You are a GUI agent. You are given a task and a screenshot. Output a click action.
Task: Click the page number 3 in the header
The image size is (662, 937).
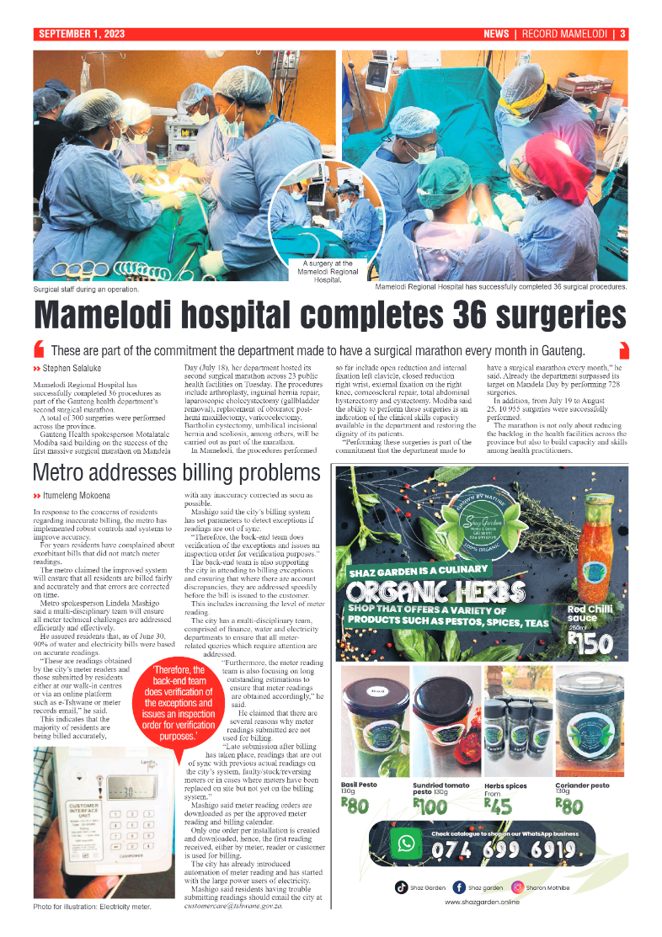click(x=622, y=35)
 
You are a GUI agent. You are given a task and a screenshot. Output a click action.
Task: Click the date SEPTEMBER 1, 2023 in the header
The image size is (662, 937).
click(x=81, y=35)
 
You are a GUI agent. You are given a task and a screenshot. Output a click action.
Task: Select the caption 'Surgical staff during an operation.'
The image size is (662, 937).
click(x=87, y=290)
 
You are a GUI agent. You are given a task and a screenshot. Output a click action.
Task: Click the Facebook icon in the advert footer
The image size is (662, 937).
click(x=459, y=886)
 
